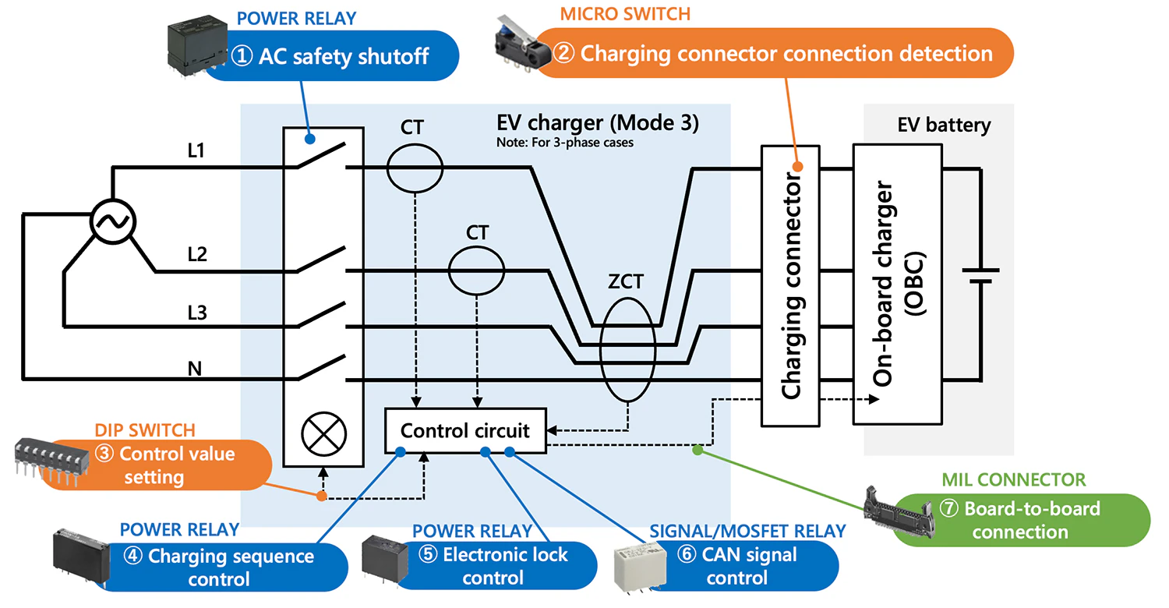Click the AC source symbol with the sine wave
point(113,221)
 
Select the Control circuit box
point(466,430)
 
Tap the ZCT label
point(626,281)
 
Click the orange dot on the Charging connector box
point(797,166)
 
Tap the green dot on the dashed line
point(698,450)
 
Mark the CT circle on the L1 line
point(415,167)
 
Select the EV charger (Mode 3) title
point(598,125)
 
